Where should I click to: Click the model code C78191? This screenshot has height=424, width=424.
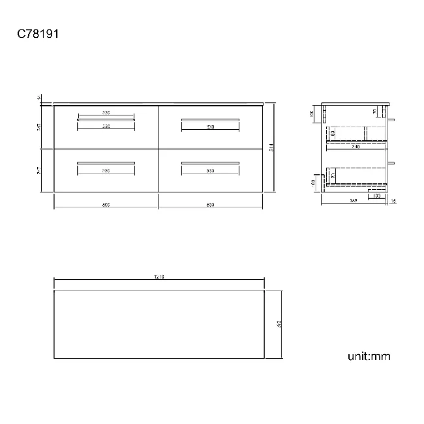point(38,33)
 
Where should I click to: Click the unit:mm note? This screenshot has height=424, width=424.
point(369,356)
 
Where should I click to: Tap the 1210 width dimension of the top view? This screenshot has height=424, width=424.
point(159,277)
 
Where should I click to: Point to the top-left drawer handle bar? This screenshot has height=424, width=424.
point(106,119)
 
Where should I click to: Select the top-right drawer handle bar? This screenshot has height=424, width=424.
point(210,119)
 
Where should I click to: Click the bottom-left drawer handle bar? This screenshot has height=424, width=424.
point(106,162)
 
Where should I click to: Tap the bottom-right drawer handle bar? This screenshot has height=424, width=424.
point(210,162)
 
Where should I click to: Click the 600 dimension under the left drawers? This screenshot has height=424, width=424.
point(106,205)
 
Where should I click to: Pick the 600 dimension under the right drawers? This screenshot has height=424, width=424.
point(210,205)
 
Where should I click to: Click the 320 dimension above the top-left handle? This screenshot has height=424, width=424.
point(106,113)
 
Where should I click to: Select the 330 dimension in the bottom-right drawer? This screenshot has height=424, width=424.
point(210,170)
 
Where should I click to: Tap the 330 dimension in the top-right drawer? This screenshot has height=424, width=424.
point(210,127)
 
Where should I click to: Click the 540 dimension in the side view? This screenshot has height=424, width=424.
point(356,147)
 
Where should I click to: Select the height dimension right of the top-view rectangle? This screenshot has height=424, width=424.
point(279,324)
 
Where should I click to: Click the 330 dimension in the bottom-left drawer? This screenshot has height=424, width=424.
point(106,170)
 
